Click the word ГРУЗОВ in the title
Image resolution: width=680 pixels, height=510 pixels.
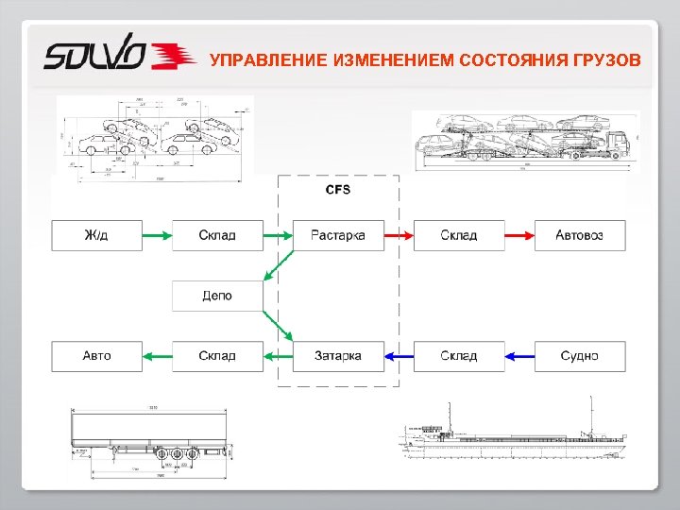(604, 60)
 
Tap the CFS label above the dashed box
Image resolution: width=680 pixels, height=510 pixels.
(338, 190)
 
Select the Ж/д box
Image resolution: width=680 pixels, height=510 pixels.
(96, 234)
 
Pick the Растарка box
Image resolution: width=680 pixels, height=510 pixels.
(338, 234)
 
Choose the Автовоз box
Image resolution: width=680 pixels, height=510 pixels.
(580, 234)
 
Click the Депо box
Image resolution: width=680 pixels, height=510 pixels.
(217, 296)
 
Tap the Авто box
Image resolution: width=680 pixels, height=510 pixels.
(96, 356)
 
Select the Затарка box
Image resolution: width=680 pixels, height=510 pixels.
(338, 356)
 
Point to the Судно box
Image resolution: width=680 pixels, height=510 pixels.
(580, 356)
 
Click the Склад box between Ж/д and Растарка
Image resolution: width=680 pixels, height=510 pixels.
(217, 234)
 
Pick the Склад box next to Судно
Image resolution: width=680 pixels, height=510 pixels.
(459, 356)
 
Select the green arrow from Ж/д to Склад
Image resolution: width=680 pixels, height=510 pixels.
(157, 234)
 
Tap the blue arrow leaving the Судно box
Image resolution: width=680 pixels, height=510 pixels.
(519, 356)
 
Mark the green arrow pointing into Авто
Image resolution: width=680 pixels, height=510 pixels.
(157, 356)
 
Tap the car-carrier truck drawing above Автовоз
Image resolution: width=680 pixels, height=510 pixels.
(526, 140)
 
